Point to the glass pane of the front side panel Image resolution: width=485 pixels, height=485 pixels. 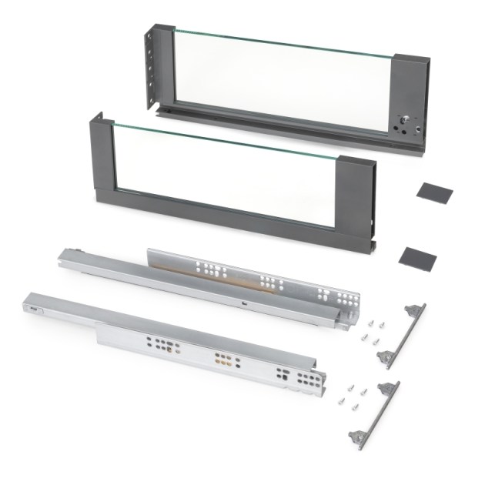tap(223, 173)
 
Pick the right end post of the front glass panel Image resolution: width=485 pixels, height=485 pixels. tap(356, 202)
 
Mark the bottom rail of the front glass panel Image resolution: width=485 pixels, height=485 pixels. tap(231, 213)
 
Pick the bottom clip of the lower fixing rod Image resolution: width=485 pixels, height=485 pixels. tap(358, 436)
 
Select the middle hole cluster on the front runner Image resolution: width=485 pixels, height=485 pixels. tap(223, 358)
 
